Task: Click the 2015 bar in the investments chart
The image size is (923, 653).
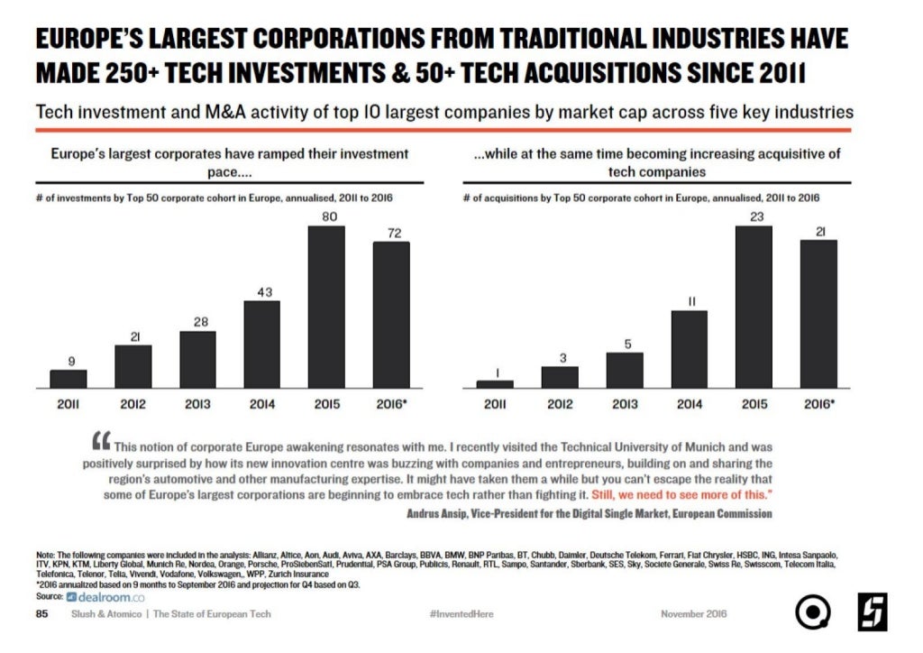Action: tap(326, 307)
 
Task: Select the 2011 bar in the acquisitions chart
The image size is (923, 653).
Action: tap(495, 384)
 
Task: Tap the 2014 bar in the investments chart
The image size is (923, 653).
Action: tap(261, 344)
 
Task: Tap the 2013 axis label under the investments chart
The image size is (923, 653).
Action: tap(197, 404)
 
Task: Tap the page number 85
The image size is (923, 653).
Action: tap(41, 614)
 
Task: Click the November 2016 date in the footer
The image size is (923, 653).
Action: tap(693, 614)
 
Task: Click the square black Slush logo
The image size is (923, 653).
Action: tap(872, 612)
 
